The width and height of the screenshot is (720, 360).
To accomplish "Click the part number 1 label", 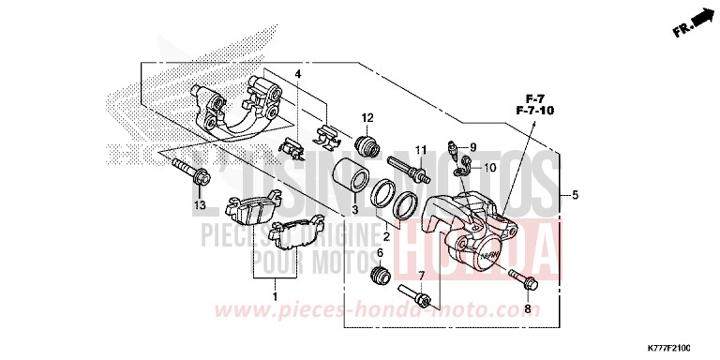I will (275, 297).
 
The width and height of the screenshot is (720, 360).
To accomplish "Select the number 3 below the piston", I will (354, 209).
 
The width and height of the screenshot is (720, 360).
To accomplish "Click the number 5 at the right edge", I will (575, 196).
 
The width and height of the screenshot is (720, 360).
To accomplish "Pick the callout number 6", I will (380, 253).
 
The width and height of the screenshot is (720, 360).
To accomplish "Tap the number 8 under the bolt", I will (527, 307).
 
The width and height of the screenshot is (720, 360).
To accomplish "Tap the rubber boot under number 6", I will (381, 277).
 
